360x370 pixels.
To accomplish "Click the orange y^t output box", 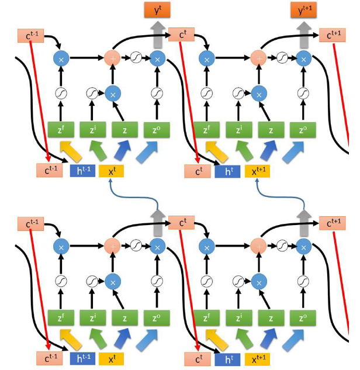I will (x=157, y=9).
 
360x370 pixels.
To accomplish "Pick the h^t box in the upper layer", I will (x=227, y=171).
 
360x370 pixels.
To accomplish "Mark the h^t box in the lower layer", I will (x=227, y=358).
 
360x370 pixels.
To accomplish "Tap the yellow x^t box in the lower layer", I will (x=111, y=358).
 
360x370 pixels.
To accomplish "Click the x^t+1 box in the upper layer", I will (x=258, y=171).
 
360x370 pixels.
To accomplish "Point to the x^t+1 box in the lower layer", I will (x=258, y=358).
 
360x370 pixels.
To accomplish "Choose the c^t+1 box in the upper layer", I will (x=334, y=36).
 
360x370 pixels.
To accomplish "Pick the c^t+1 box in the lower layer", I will (x=334, y=223).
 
